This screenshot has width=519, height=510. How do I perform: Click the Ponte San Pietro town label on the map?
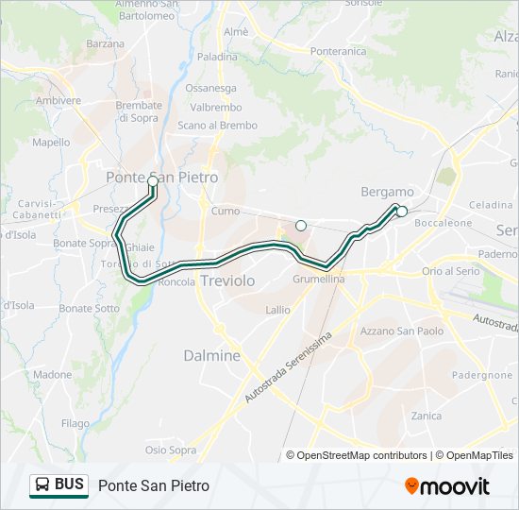pyautogui.click(x=161, y=177)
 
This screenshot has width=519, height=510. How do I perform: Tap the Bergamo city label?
pyautogui.click(x=388, y=192)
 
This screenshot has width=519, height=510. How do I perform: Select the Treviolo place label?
pyautogui.click(x=227, y=280)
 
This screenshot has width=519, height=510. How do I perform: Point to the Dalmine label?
pyautogui.click(x=210, y=356)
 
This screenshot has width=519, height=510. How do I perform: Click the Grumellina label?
pyautogui.click(x=318, y=280)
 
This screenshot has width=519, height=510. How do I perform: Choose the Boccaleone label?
pyautogui.click(x=443, y=223)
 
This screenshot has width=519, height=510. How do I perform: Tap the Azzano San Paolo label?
pyautogui.click(x=402, y=331)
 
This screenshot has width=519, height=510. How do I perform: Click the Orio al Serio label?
pyautogui.click(x=452, y=271)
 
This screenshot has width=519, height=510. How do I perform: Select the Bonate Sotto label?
pyautogui.click(x=90, y=309)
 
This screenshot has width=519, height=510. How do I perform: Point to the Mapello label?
pyautogui.click(x=51, y=143)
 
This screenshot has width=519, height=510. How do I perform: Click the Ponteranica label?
pyautogui.click(x=338, y=51)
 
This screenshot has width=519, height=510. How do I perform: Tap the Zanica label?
pyautogui.click(x=427, y=416)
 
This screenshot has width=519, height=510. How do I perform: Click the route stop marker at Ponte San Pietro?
pyautogui.click(x=153, y=180)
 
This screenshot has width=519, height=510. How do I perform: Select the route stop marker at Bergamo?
pyautogui.click(x=402, y=211)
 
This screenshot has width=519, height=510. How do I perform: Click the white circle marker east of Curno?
pyautogui.click(x=301, y=225)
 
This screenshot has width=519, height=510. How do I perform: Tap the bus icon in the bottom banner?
pyautogui.click(x=42, y=485)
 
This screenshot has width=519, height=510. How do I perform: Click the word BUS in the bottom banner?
pyautogui.click(x=69, y=484)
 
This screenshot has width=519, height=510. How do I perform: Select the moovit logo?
pyautogui.click(x=447, y=486)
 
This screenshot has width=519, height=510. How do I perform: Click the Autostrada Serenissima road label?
pyautogui.click(x=289, y=367)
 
